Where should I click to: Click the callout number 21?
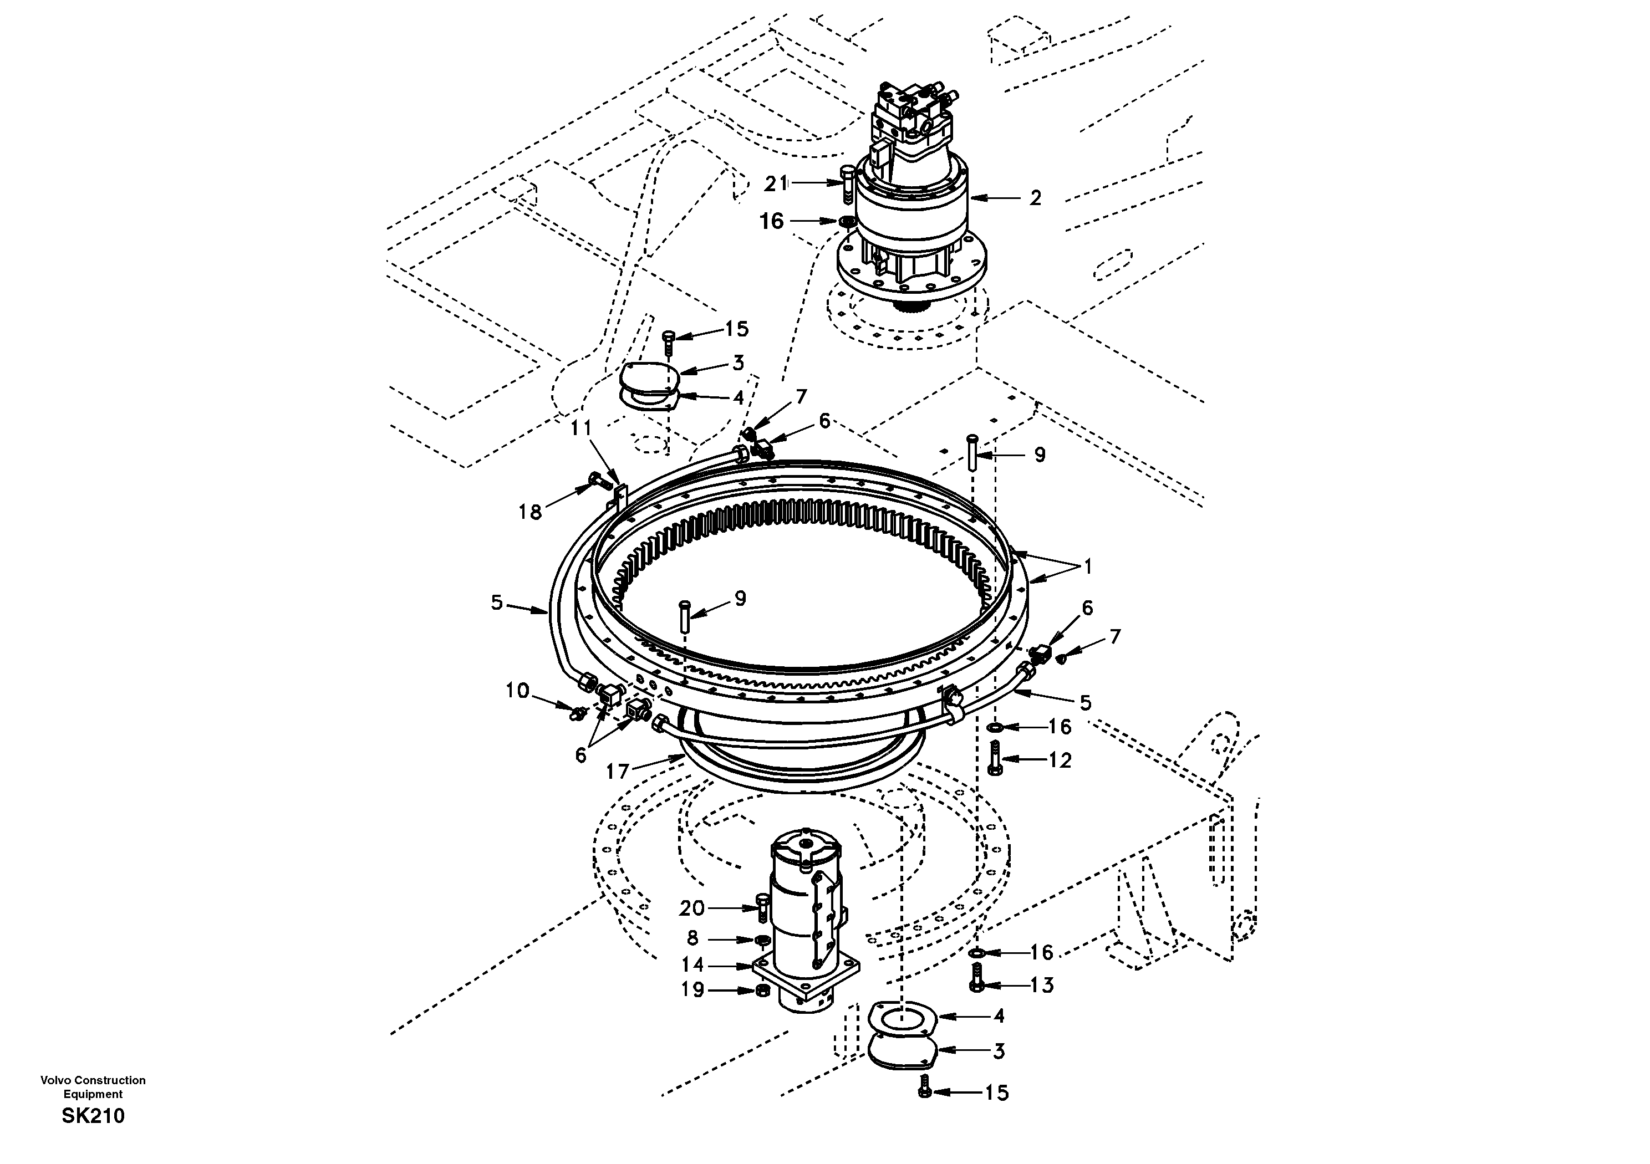point(776,184)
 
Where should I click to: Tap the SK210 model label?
point(93,1116)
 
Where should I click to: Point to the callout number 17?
point(617,772)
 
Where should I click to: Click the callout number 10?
point(517,691)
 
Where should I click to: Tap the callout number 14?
point(693,965)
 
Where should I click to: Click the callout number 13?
point(1041,984)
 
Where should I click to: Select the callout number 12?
point(1060,760)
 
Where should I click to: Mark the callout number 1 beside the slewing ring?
point(1087,568)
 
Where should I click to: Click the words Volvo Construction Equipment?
point(93,1086)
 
